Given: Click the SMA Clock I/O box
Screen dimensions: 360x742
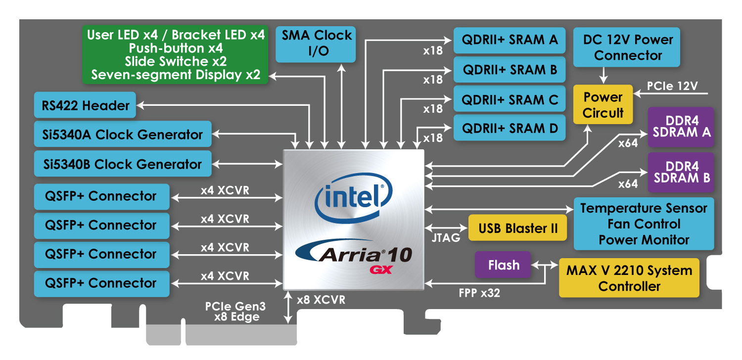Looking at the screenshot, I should coord(316,44).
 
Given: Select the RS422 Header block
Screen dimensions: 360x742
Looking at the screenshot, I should coord(85,105).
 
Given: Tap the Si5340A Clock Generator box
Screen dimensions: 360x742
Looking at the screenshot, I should coord(123,135).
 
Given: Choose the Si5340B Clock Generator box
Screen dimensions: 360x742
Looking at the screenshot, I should coord(123,164).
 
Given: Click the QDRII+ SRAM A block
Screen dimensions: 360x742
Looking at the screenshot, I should coord(510,41).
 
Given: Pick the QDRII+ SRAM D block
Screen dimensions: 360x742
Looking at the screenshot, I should coord(510,128).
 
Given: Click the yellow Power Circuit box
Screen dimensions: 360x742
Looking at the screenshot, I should coord(603,105).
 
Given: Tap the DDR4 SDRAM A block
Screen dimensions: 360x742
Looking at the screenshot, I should coord(681,127).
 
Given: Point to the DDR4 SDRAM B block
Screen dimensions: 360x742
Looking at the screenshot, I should coord(681,172).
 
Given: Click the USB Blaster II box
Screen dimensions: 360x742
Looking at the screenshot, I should coord(518,228).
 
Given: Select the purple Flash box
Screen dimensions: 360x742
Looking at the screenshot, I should coord(503,265).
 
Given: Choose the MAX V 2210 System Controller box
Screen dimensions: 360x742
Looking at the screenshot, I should coord(629,278).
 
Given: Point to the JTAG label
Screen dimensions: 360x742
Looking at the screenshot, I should coord(445,238).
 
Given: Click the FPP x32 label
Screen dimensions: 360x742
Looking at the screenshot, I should coord(479,293).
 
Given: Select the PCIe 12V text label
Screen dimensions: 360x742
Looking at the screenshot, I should coord(673,86).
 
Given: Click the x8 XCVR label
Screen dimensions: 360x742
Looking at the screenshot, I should coord(321,300).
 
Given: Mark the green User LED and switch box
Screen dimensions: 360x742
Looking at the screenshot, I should coord(176,54).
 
